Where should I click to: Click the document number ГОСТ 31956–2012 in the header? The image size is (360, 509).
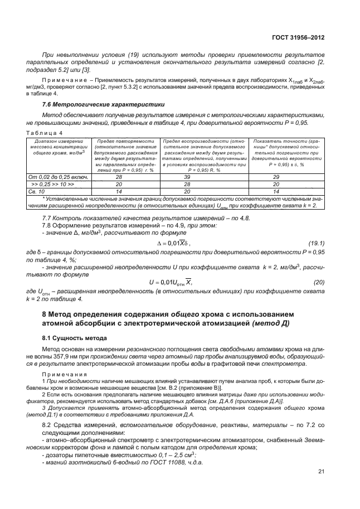pyautogui.click(x=298, y=37)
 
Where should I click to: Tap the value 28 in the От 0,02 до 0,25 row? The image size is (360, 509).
pyautogui.click(x=118, y=176)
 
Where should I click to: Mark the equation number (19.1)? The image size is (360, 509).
pyautogui.click(x=316, y=243)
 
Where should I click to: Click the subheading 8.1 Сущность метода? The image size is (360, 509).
pyautogui.click(x=71, y=338)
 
